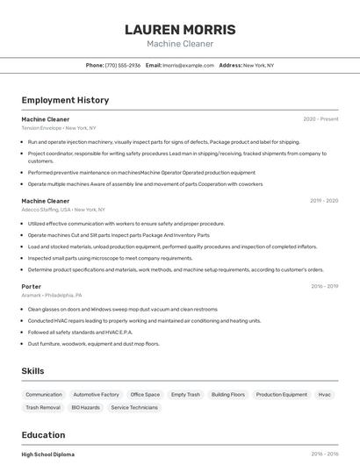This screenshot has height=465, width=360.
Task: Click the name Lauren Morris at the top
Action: tap(180, 29)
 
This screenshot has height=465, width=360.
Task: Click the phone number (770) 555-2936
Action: tap(123, 65)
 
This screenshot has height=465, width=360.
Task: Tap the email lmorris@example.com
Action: tap(188, 65)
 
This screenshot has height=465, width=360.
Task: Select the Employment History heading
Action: tap(65, 100)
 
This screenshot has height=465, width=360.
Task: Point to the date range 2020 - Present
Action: tap(320, 118)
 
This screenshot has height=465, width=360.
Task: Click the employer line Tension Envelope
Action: tap(60, 127)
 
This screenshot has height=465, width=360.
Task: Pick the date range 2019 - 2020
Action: tap(323, 201)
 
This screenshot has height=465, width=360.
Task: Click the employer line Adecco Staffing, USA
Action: tap(63, 210)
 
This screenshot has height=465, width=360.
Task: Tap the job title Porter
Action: tap(32, 286)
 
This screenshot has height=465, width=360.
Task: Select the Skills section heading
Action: tap(33, 371)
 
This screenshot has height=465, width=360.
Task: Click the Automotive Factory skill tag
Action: tap(96, 395)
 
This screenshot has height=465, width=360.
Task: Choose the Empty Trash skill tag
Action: tap(185, 395)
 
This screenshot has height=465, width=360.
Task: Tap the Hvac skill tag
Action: tap(325, 395)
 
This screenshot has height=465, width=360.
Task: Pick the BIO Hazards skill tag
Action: tap(85, 407)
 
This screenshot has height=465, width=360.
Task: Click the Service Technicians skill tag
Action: tap(134, 407)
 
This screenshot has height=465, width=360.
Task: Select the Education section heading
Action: tap(43, 435)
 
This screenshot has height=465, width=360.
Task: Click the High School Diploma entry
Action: tap(48, 454)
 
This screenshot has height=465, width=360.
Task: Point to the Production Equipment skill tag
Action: tap(282, 395)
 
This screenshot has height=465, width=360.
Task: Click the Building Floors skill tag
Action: tap(228, 395)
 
